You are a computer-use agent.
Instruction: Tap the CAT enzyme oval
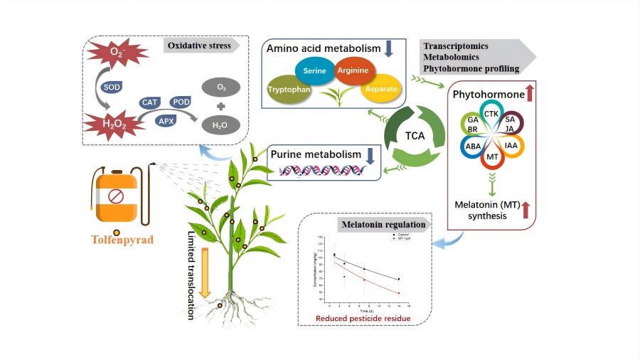(x=149, y=102)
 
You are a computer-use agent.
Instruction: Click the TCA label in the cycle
(x=415, y=134)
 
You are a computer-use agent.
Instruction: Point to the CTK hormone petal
(x=491, y=113)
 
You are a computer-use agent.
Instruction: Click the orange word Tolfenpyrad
(x=122, y=240)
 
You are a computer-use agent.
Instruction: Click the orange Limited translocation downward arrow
(x=206, y=272)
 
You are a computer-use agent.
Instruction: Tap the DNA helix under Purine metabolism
(x=324, y=170)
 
